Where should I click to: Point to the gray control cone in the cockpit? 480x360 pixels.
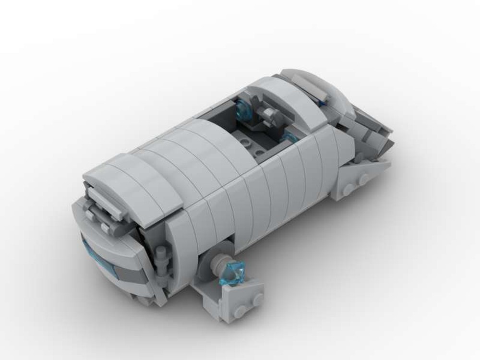[267, 114]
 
